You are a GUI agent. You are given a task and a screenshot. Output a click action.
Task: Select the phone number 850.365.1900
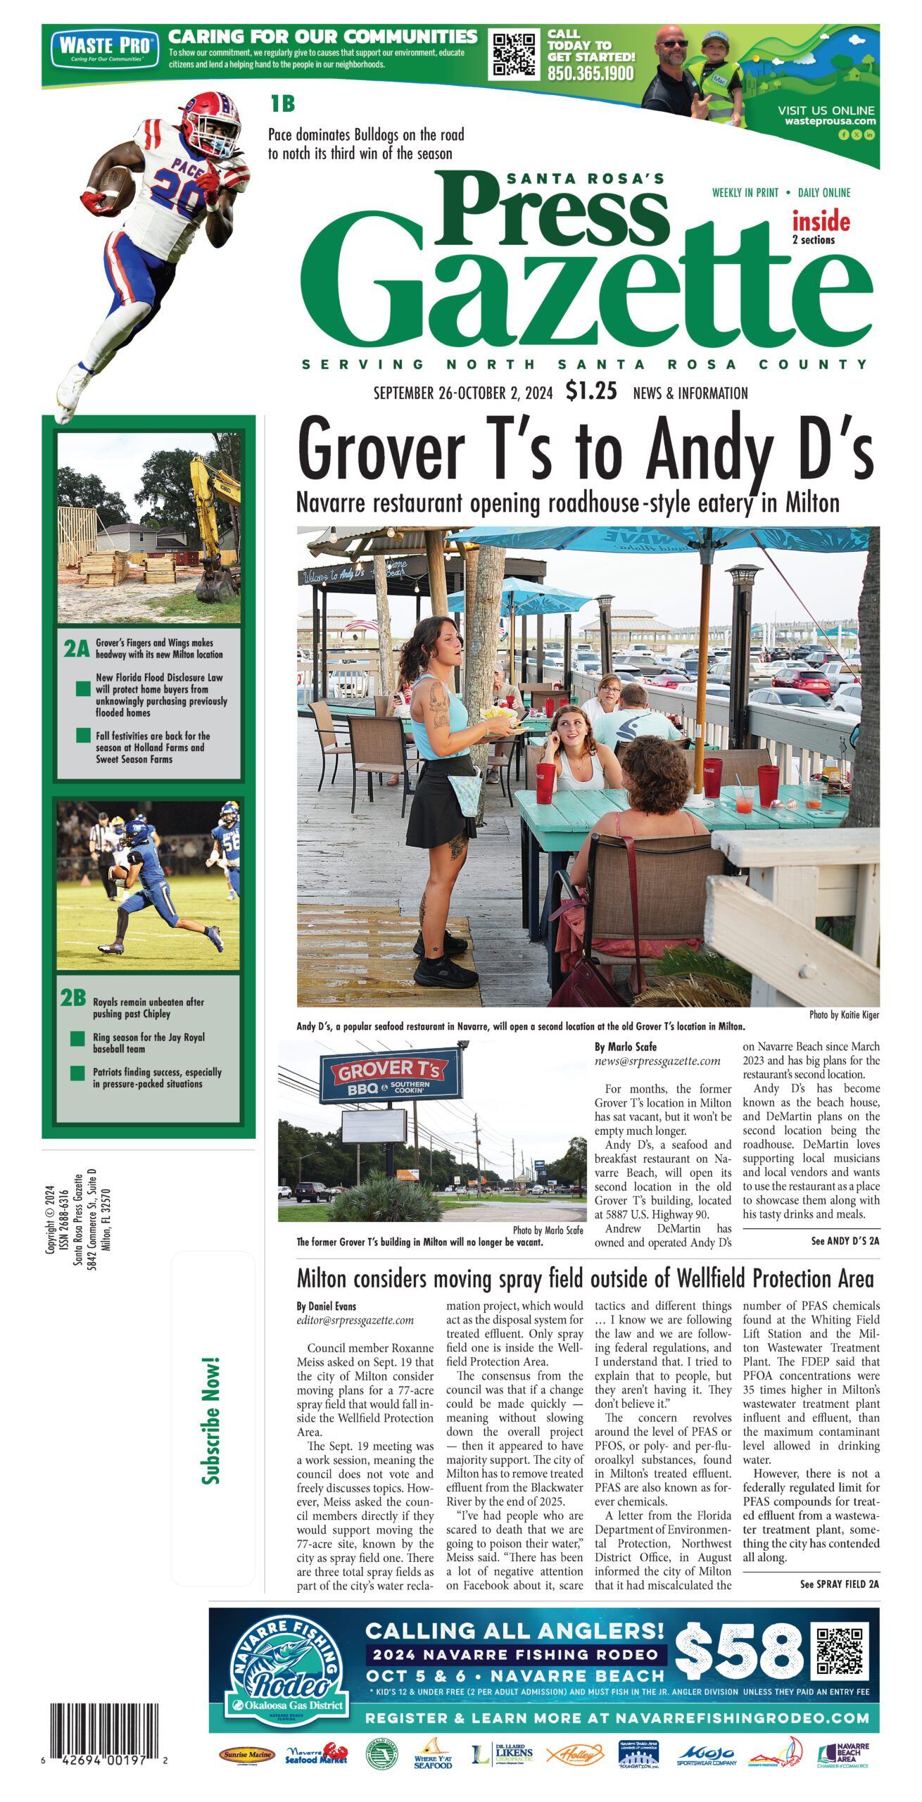tap(591, 74)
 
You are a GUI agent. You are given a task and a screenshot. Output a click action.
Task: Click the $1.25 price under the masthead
tap(591, 391)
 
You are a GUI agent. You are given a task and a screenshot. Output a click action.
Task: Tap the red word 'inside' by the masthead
tap(821, 222)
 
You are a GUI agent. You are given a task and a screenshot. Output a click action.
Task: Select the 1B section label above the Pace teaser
tap(282, 105)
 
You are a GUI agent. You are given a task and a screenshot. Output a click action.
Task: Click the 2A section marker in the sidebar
tap(76, 649)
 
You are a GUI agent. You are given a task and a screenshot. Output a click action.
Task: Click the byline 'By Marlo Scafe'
tap(626, 1047)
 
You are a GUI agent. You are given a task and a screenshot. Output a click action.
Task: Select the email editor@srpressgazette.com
tap(355, 1321)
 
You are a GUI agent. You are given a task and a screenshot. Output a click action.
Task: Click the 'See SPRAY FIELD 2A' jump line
tap(839, 1584)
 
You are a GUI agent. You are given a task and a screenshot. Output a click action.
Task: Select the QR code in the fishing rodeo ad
tap(840, 1650)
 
